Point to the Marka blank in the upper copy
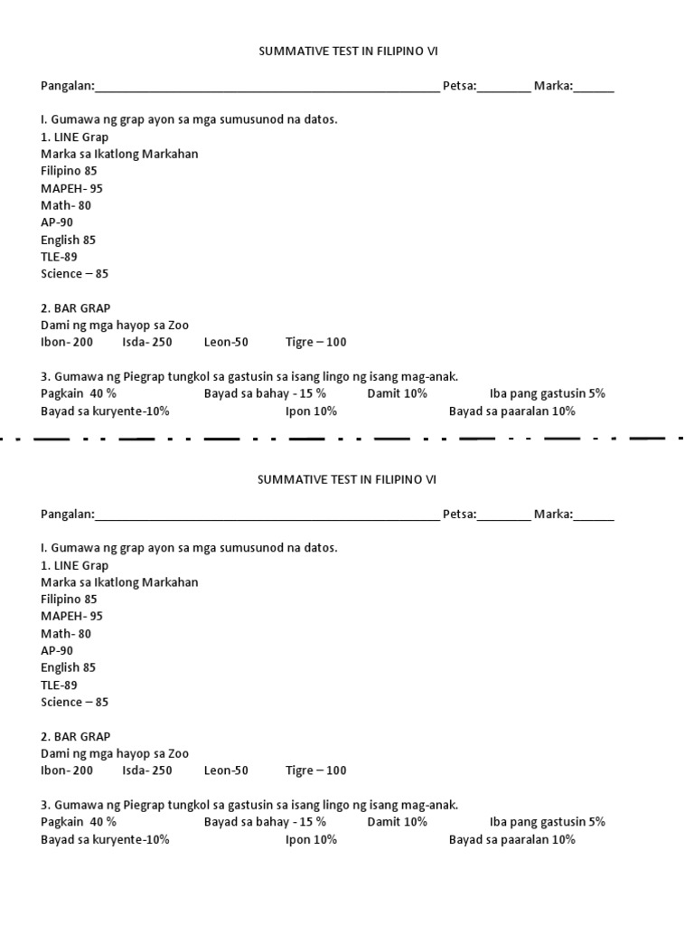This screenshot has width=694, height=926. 594,88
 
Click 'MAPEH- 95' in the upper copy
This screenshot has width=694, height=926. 71,188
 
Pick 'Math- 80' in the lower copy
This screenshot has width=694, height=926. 66,634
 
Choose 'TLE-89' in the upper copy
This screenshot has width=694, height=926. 59,257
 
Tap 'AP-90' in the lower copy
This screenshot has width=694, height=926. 57,651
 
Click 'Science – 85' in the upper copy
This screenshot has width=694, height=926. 74,274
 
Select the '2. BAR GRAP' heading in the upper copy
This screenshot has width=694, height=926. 75,308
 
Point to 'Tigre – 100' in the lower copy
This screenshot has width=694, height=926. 315,771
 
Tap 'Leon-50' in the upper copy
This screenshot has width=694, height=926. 226,343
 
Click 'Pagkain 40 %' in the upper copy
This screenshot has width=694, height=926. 79,394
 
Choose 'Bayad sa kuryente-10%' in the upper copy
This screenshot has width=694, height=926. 105,411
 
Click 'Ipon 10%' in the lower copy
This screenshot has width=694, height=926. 311,840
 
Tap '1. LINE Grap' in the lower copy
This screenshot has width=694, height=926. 74,565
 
